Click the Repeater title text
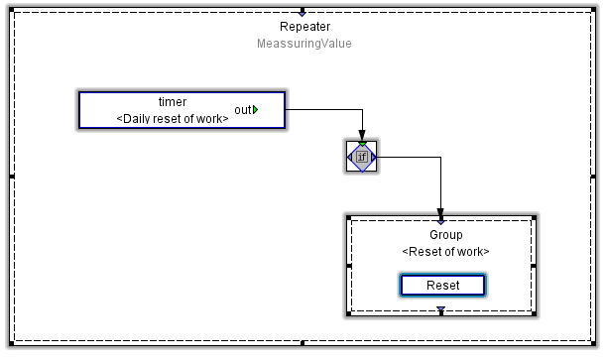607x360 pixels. point(303,27)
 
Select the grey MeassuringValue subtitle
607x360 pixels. point(303,44)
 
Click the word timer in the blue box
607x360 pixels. point(173,102)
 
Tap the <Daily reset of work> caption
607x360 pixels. point(173,118)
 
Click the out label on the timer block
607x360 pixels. point(242,109)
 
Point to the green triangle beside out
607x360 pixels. point(256,109)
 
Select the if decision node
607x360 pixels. point(362,157)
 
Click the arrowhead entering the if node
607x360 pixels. point(362,137)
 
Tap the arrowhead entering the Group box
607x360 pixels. point(440,213)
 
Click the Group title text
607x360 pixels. point(445,235)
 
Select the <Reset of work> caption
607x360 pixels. point(445,251)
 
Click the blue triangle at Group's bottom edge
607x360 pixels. point(440,311)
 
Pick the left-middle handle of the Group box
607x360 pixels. point(348,266)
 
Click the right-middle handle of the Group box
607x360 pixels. point(534,266)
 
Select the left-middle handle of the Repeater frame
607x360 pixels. point(11,177)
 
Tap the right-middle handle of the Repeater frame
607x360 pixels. point(596,177)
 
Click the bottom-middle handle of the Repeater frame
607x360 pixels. point(303,345)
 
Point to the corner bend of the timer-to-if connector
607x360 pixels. point(362,109)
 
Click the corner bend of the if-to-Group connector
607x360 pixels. point(440,157)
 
